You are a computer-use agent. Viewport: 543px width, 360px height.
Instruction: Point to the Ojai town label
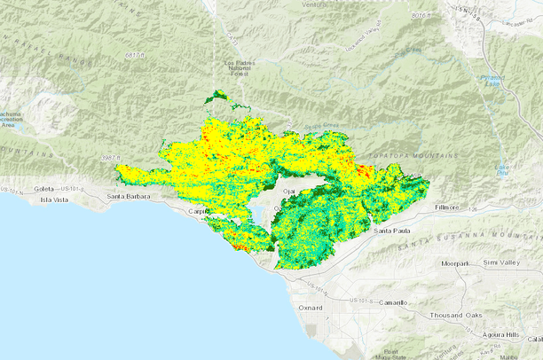click(x=287, y=191)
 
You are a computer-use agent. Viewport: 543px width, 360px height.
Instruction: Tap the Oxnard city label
click(x=310, y=308)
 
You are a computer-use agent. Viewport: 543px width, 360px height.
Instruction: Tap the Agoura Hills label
click(x=500, y=334)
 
